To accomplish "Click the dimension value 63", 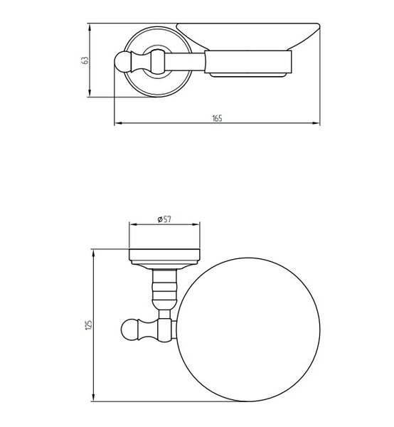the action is (85, 60).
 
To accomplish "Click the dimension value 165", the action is (217, 118).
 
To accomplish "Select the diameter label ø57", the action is (164, 219).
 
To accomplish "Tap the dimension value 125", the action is (89, 325).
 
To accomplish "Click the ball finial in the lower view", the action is (129, 330).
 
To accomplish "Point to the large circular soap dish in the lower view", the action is (248, 330).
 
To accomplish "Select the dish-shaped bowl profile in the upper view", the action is (247, 37).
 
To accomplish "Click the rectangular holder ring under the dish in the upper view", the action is (248, 62).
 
